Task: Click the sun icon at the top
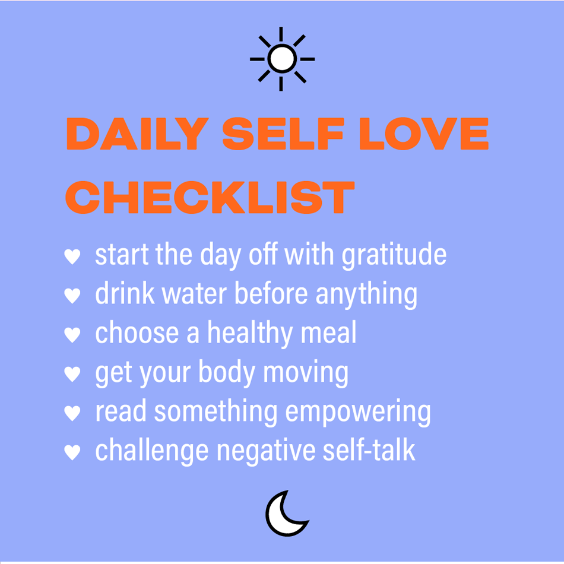click(x=282, y=59)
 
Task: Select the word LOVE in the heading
click(x=424, y=134)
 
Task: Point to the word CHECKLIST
click(x=210, y=197)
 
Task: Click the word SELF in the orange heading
click(x=283, y=134)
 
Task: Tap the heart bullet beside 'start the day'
click(x=72, y=256)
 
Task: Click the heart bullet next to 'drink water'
click(x=72, y=296)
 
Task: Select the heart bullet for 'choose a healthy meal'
click(x=72, y=335)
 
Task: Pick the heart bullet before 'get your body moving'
click(x=72, y=374)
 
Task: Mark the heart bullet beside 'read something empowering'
click(x=72, y=413)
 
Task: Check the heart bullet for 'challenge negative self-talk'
click(x=72, y=452)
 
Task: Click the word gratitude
click(x=394, y=255)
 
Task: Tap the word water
click(x=194, y=293)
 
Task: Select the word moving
click(x=306, y=373)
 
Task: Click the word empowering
click(x=358, y=413)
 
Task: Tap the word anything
click(x=366, y=295)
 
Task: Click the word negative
click(x=266, y=451)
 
